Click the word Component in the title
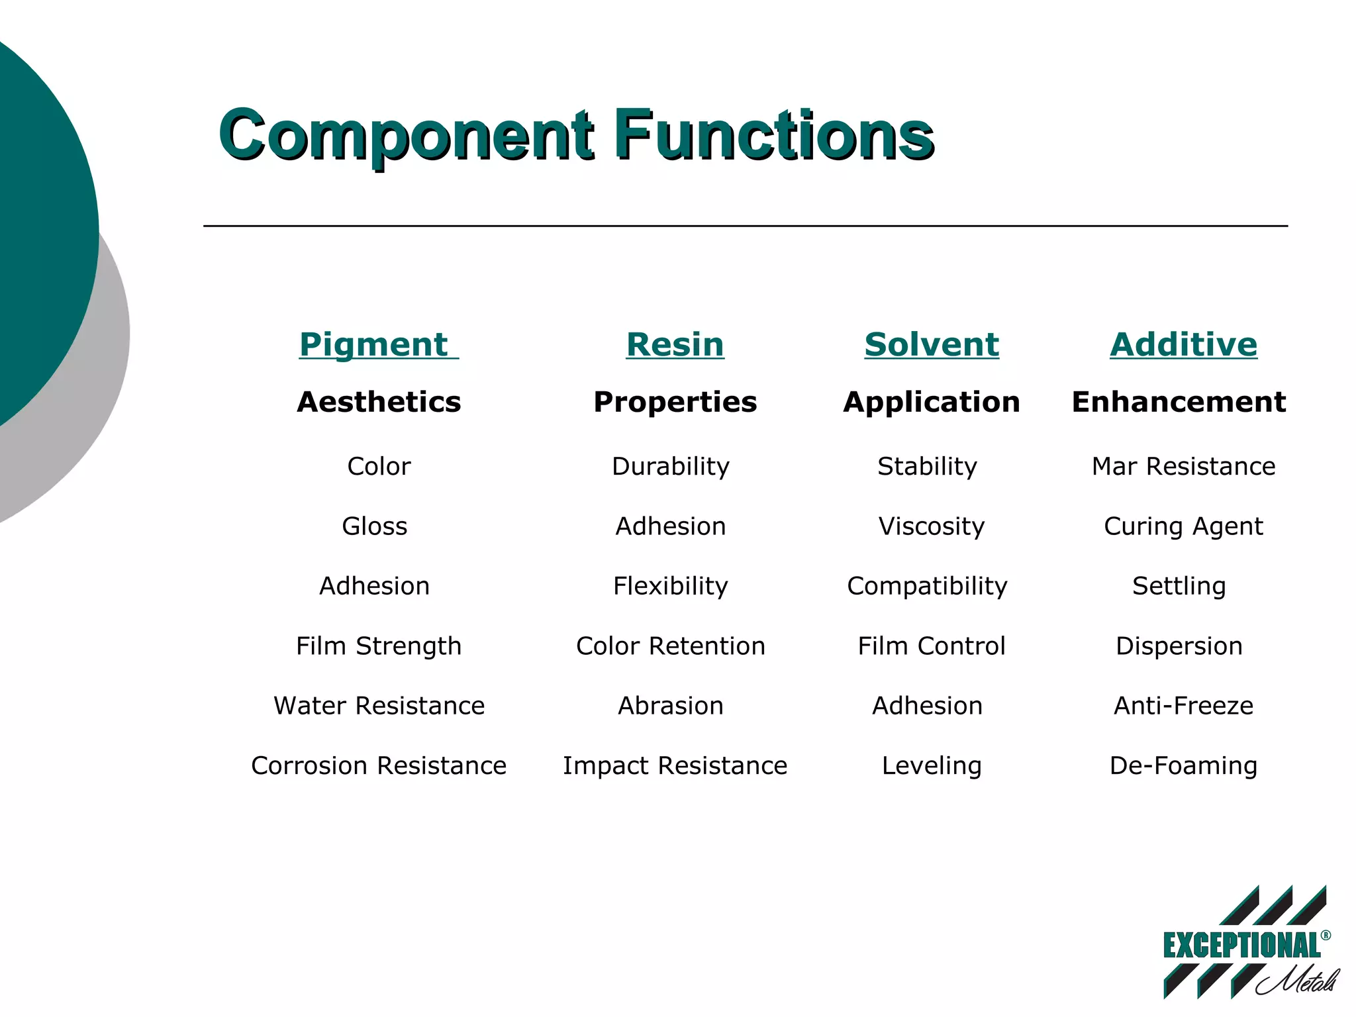click(405, 135)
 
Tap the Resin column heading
click(675, 344)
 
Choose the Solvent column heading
click(931, 344)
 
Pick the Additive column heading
click(1183, 344)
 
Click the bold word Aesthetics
click(379, 402)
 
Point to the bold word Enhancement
click(1179, 402)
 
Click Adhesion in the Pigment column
click(374, 586)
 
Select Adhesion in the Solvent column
click(927, 706)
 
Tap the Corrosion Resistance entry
click(379, 766)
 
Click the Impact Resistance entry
click(675, 766)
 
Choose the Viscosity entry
click(931, 526)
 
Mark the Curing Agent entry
click(1183, 526)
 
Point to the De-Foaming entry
click(1183, 766)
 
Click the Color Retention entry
click(670, 646)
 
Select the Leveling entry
click(931, 766)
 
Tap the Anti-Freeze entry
click(1183, 706)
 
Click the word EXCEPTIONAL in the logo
click(1241, 945)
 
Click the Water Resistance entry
click(379, 706)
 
